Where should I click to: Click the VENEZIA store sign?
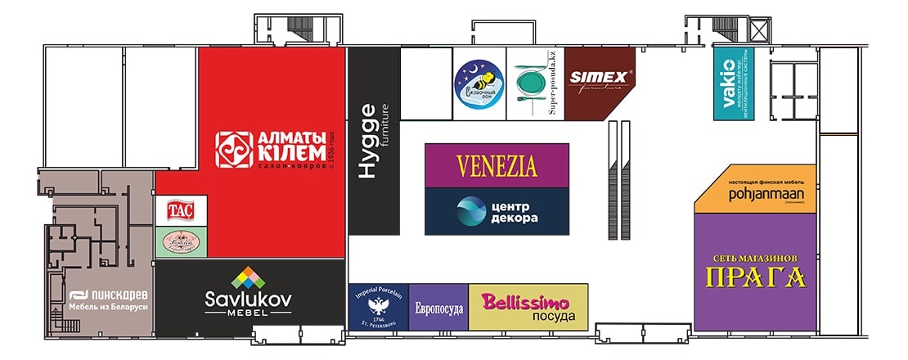[497, 165]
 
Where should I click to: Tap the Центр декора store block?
[497, 211]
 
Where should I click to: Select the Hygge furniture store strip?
[374, 141]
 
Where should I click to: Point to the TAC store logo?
[180, 210]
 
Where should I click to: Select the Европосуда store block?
[438, 308]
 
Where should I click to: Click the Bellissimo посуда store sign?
[528, 307]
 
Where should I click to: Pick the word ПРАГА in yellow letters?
[755, 277]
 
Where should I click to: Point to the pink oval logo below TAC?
[180, 243]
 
